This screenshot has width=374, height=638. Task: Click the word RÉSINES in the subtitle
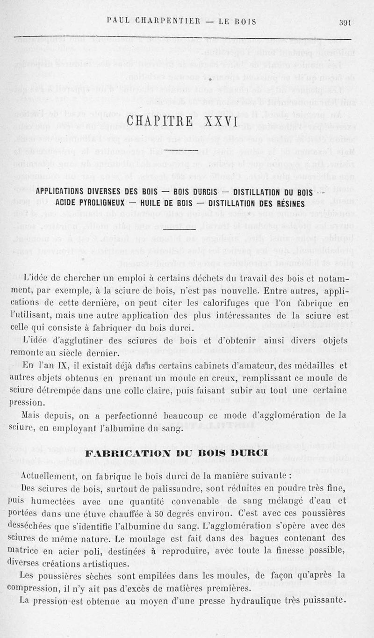pos(288,203)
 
